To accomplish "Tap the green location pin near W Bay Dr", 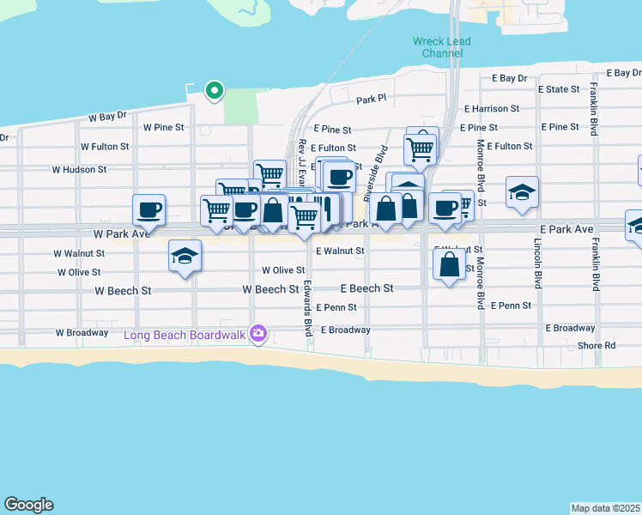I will pos(214,88).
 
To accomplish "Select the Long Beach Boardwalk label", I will pos(185,334).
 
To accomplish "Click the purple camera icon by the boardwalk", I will pos(258,334).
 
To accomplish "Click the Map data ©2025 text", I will pos(605,507).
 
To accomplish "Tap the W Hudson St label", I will pos(79,169).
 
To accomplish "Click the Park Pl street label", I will pos(372,99).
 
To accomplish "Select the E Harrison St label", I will pos(492,109).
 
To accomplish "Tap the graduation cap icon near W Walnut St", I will pos(185,256).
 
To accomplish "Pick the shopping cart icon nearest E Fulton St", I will pos(421,148).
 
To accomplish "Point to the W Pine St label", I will pos(164,127).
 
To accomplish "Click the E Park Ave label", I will pos(566,229).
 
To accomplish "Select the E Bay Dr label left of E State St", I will pos(509,78).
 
